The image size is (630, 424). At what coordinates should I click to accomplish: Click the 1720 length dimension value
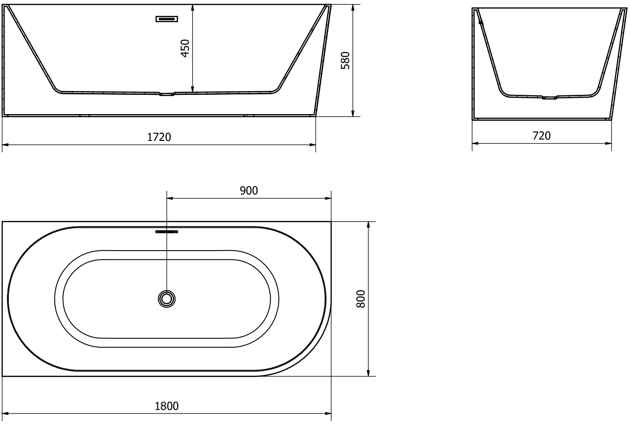(159, 137)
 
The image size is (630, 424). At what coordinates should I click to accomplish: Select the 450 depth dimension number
(185, 48)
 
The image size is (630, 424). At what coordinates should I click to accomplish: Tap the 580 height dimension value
(345, 60)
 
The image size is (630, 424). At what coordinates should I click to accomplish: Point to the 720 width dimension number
(541, 136)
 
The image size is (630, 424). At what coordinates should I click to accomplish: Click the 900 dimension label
(249, 191)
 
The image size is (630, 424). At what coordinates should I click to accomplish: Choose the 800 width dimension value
(360, 299)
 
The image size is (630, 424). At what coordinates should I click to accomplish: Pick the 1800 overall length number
(167, 406)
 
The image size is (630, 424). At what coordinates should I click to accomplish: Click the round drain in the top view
(167, 299)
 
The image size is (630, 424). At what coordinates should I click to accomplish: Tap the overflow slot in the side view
(167, 19)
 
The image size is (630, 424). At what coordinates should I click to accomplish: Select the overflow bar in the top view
(167, 232)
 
